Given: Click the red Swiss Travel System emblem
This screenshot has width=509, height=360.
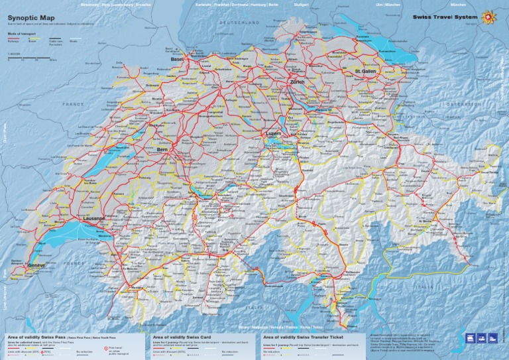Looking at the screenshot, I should point(491,16).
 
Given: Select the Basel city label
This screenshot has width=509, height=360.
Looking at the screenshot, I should point(177,59).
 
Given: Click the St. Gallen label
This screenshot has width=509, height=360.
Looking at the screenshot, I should point(365,71).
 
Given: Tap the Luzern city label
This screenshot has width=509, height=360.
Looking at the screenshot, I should point(273,133).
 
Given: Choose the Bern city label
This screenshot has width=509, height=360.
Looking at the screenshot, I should point(162,150).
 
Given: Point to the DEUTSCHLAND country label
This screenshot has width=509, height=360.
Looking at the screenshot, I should point(239,23).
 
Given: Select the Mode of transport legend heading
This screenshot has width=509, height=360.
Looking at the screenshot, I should point(23,32).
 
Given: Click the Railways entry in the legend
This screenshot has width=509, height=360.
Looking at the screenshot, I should point(14,40).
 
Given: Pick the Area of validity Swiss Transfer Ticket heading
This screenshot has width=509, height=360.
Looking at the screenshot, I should point(302,337).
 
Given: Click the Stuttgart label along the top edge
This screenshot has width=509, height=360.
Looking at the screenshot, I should point(301,5).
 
